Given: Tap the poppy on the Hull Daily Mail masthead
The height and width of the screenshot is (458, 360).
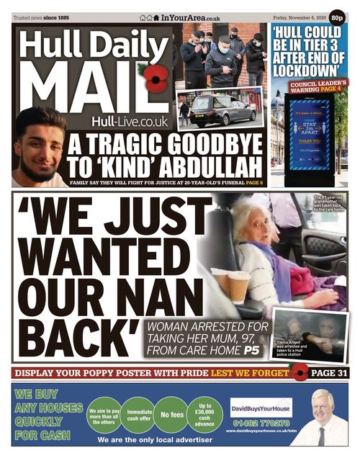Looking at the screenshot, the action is [x=153, y=78].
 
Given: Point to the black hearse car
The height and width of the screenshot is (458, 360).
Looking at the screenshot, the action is [x=222, y=112].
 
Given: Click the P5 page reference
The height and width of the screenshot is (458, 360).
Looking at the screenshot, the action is [x=251, y=351].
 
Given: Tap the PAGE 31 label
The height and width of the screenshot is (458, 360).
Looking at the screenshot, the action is [x=330, y=373].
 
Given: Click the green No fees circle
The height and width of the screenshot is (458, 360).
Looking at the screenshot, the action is [x=172, y=415].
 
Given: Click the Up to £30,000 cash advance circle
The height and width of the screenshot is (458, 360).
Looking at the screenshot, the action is [x=204, y=415].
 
